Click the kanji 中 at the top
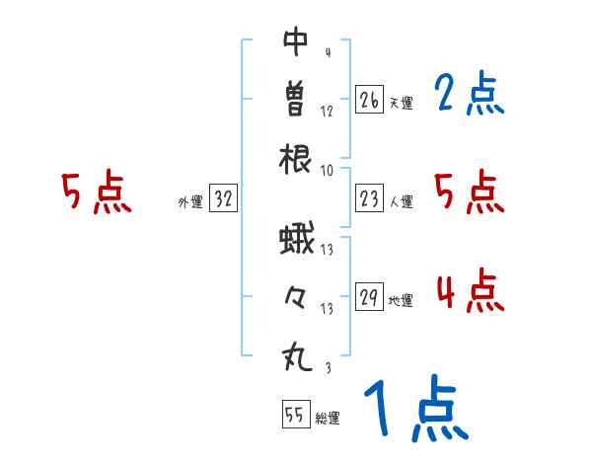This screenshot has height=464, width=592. pos(296,41)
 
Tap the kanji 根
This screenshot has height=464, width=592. pos(296,159)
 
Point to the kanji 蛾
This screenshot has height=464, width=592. pos(296,240)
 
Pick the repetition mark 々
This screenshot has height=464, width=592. pos(296,297)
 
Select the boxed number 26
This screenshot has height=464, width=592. pos(369,100)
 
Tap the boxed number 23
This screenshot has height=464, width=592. pos(369,199)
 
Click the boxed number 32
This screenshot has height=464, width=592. pos(223,199)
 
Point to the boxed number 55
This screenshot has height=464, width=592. pos(294,415)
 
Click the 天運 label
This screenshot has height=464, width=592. pos(401,103)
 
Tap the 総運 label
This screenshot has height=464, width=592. pos(327,418)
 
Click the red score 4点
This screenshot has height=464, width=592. pos(470,292)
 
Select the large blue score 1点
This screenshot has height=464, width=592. pos(413,411)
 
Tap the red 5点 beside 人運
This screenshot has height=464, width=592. pos(470,193)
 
